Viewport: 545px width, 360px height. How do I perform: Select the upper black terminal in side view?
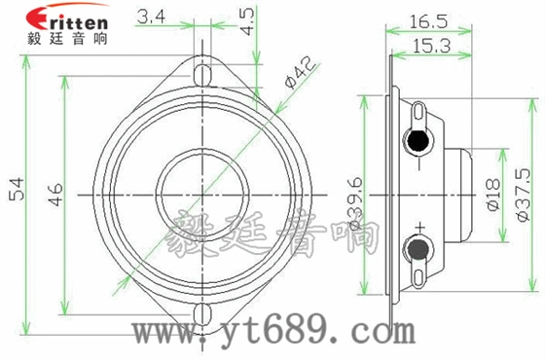pyautogui.click(x=418, y=141)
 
